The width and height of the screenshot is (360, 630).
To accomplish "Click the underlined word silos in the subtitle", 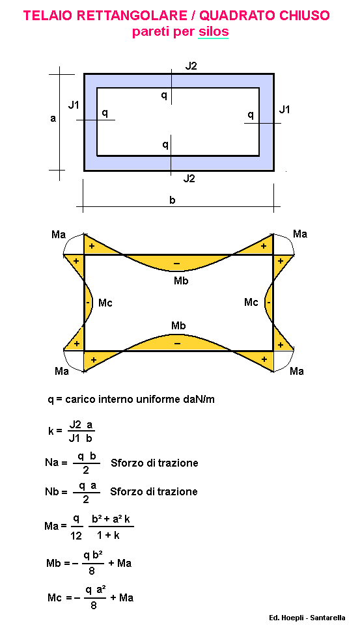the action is click(x=214, y=32).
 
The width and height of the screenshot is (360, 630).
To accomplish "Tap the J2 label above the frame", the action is click(x=191, y=66).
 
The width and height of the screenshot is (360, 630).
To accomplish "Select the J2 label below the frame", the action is click(x=189, y=178).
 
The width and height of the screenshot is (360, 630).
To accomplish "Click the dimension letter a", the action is click(x=53, y=119).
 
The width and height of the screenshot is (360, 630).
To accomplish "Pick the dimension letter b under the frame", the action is click(x=173, y=200).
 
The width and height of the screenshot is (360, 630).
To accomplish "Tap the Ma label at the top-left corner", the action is click(x=58, y=234).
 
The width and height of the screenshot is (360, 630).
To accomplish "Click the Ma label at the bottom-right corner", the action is click(x=296, y=371).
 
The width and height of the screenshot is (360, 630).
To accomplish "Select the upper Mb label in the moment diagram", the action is click(x=181, y=281).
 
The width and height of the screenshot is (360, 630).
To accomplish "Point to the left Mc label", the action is click(x=105, y=303).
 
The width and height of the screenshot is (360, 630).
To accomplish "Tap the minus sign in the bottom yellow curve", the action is click(x=177, y=344).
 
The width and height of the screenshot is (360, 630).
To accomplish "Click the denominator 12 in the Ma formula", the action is click(x=76, y=536).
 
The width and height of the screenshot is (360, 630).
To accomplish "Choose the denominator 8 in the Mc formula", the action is click(x=94, y=605).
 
